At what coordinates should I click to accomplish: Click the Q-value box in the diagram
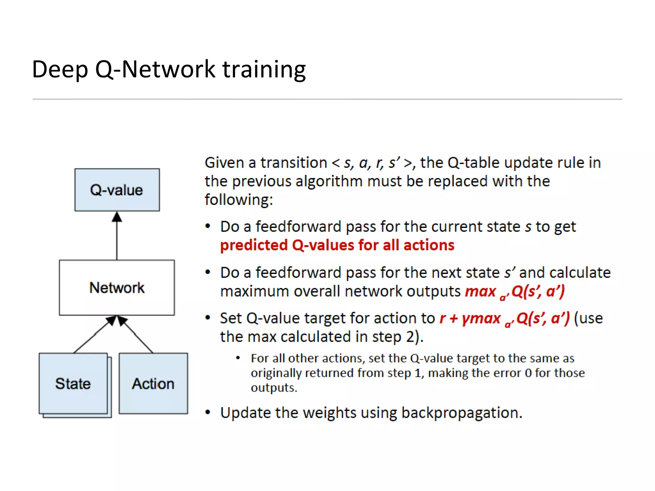(x=117, y=190)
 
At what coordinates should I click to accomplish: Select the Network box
(x=117, y=287)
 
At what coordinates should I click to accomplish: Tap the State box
(x=73, y=383)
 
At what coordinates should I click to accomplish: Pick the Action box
(x=153, y=383)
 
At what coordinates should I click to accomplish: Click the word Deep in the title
(x=60, y=70)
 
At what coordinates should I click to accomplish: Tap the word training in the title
(x=264, y=70)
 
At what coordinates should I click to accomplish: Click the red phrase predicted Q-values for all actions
(x=337, y=245)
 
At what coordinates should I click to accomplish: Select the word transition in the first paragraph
(x=294, y=163)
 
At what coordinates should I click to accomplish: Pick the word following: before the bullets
(x=239, y=200)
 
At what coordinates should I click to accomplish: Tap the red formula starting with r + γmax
(x=504, y=319)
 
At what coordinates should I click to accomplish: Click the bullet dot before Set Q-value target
(x=208, y=318)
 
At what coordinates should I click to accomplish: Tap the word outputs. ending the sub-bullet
(x=274, y=388)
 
